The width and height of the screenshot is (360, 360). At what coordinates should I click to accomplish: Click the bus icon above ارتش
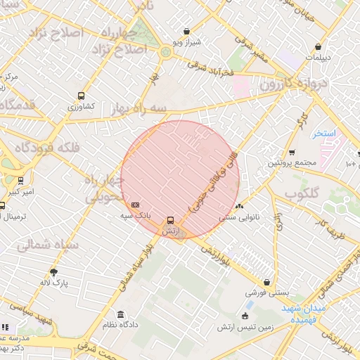pos(169,220)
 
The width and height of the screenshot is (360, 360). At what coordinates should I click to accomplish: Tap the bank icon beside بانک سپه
pos(135,205)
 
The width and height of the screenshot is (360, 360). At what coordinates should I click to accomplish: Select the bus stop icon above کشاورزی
pos(82,96)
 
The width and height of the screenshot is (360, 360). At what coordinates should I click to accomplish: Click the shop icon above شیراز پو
pos(186,31)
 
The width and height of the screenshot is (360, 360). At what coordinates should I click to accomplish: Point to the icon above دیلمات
pos(318,47)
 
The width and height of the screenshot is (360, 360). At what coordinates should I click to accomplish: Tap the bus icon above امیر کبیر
pos(20,180)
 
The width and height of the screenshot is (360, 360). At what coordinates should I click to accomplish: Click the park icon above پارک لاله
pos(54,272)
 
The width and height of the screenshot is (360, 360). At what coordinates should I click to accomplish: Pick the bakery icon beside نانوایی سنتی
pos(240,206)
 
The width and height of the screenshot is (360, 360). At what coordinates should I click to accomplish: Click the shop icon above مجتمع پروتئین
pos(292,152)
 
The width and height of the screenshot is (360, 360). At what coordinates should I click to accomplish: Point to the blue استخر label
pos(326,133)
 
